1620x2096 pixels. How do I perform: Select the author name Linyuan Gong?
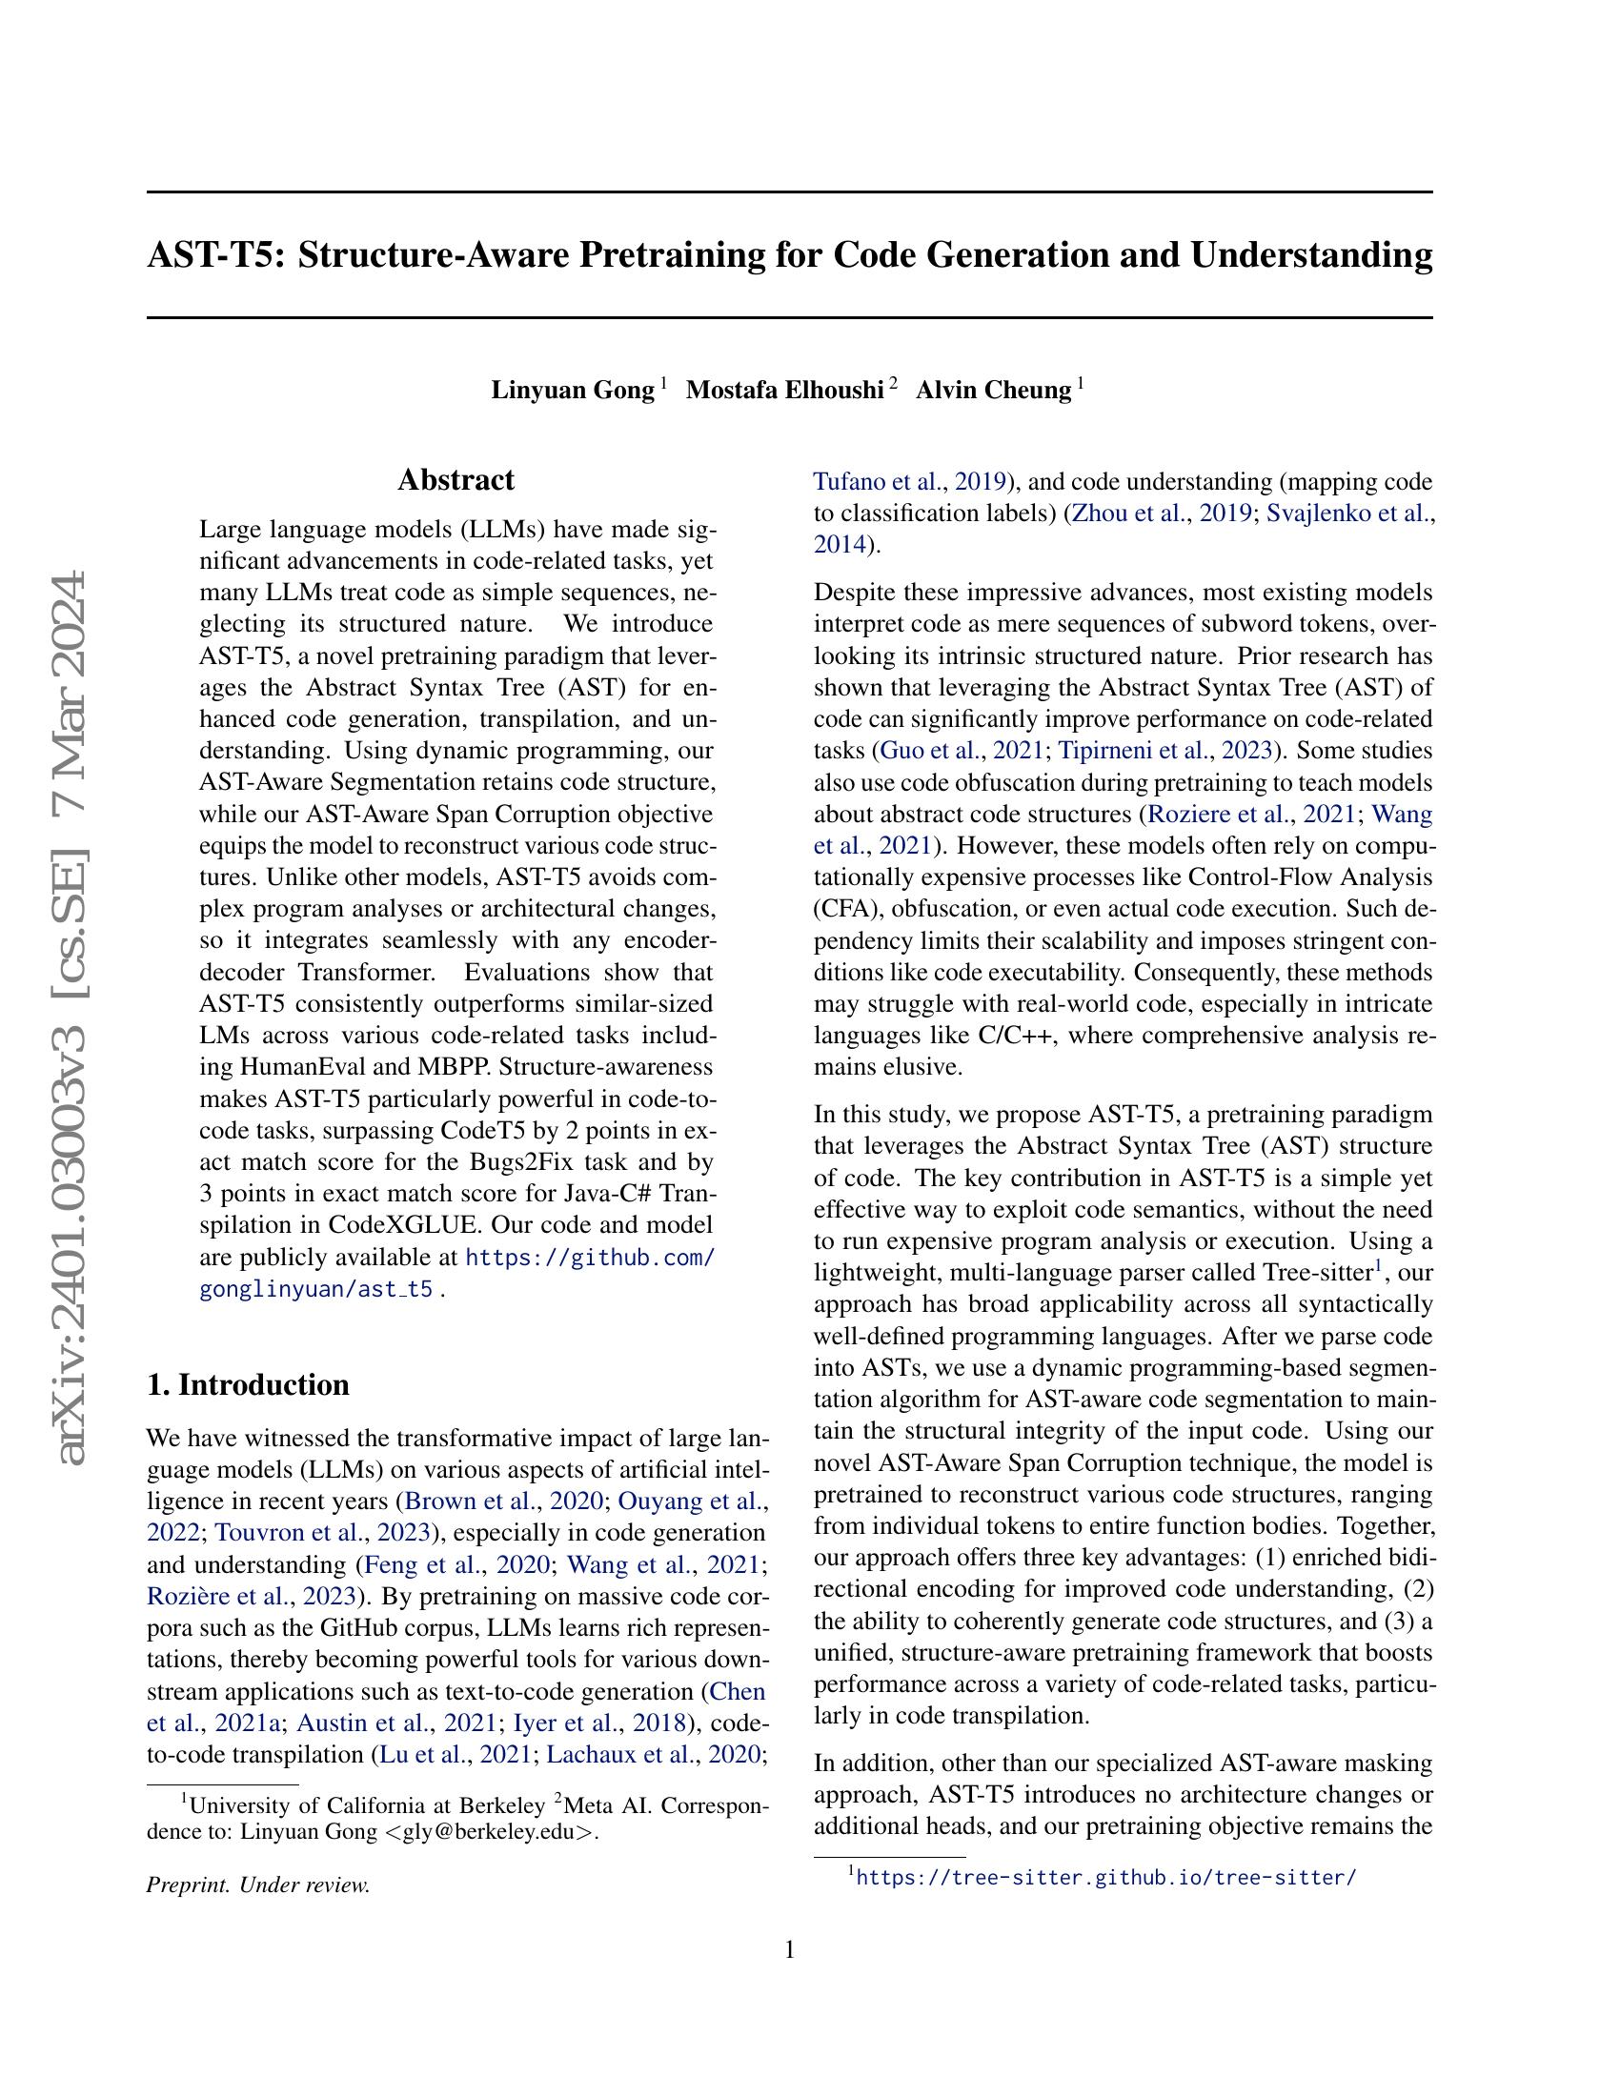tap(573, 391)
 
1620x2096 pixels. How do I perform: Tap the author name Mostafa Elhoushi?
tap(785, 391)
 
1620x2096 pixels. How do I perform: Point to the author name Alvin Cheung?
tap(993, 391)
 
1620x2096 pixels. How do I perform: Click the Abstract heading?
tap(456, 480)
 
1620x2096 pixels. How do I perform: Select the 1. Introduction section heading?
tap(248, 1385)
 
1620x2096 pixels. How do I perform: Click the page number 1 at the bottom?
tap(790, 1950)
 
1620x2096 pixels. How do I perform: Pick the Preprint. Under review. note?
tap(258, 1884)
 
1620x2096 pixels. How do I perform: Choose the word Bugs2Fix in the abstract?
tap(516, 1162)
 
